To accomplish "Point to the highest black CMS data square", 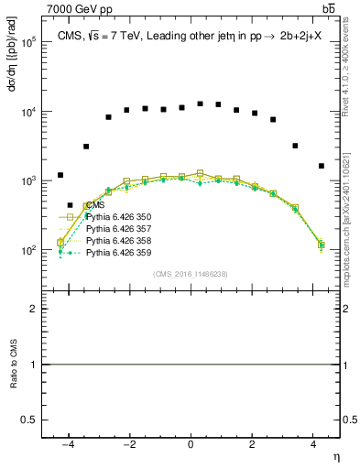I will [200, 104].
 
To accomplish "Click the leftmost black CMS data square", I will [60, 175].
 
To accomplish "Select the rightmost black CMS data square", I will [321, 166].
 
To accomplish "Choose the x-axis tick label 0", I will [191, 443].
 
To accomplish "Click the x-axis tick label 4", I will [312, 443].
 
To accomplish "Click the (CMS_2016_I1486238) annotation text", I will [190, 274].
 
